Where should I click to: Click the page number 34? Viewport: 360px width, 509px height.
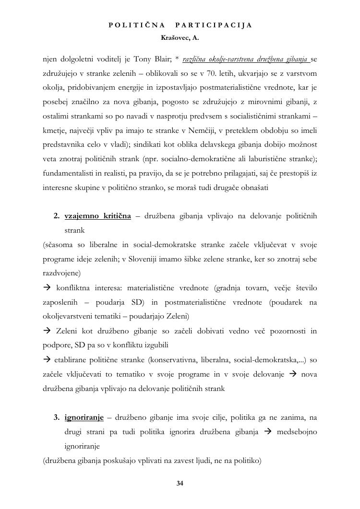(180, 483)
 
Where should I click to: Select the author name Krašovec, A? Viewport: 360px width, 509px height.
(180, 36)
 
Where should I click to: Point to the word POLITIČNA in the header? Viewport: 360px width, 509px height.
(137, 25)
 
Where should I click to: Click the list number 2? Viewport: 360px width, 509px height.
(56, 216)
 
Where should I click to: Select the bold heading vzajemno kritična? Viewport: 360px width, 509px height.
(98, 216)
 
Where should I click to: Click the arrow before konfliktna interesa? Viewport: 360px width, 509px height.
(47, 288)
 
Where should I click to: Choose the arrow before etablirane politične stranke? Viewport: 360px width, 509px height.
(47, 360)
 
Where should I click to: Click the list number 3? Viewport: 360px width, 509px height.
(56, 417)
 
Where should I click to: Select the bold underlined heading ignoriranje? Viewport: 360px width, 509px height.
(84, 417)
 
